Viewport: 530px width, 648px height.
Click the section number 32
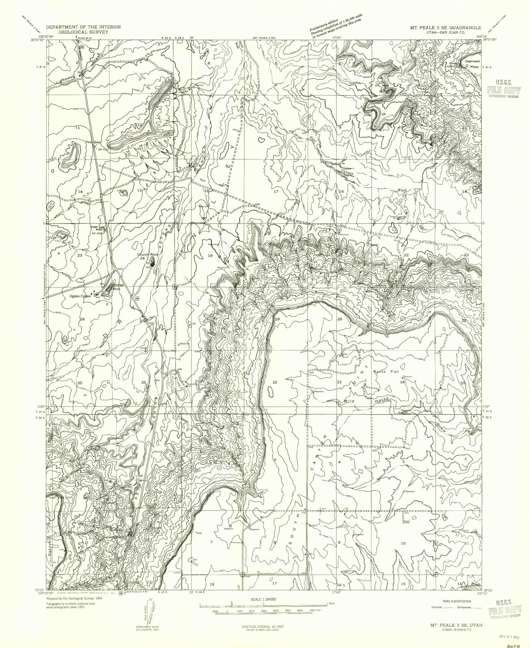click(275, 382)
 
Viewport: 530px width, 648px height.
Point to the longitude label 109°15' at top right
click(479, 36)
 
